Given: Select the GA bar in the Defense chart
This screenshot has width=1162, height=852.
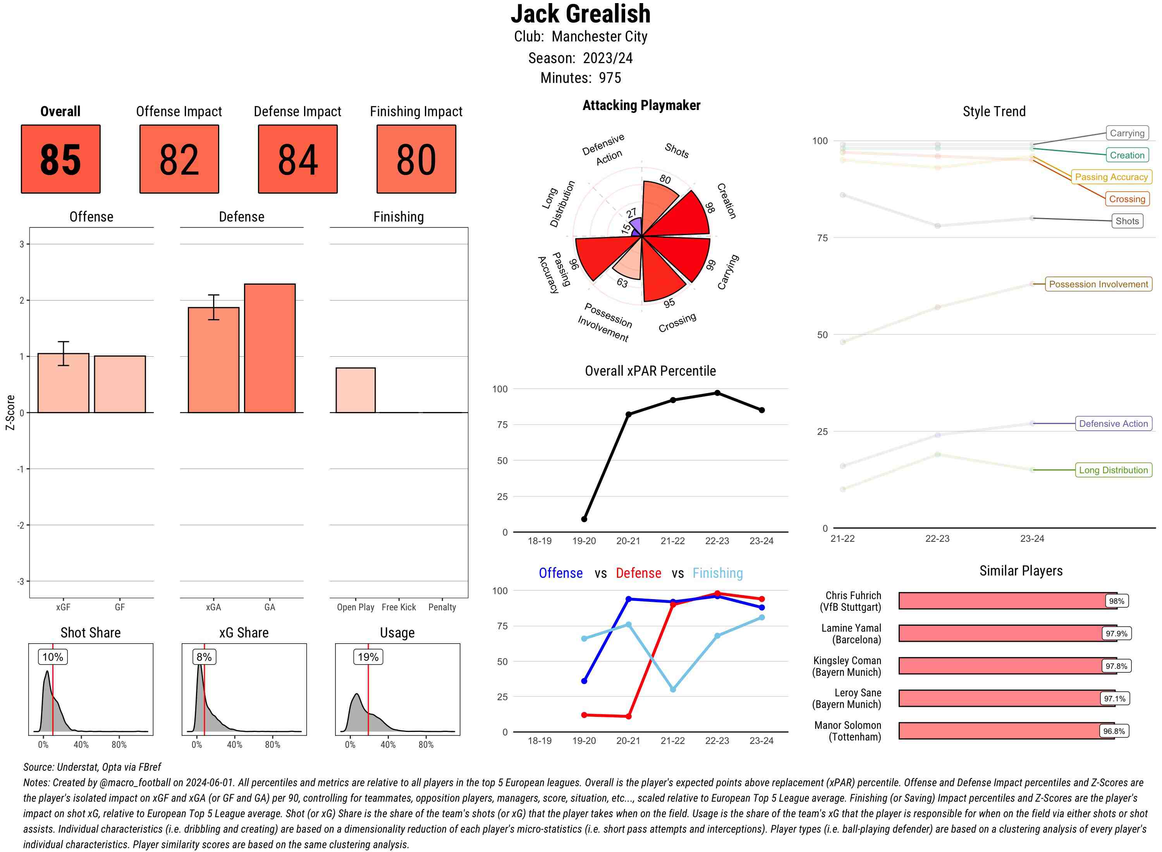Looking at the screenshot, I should point(270,348).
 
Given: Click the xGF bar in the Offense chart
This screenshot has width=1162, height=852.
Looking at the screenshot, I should point(64,383).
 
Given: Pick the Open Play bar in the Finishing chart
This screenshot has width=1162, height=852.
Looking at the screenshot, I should point(355,390).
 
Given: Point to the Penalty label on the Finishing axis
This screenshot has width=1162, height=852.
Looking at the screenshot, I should point(442,607).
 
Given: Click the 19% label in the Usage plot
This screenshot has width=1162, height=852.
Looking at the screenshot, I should point(368,657).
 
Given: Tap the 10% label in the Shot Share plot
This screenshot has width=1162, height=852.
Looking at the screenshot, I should point(53,657).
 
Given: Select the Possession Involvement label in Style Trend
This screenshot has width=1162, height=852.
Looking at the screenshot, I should point(1098,284).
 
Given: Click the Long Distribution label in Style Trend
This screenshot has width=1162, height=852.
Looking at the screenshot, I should point(1113,470).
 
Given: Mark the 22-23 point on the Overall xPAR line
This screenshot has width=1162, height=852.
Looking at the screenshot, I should point(717,393).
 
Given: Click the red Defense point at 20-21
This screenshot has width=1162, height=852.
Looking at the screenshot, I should point(628,716).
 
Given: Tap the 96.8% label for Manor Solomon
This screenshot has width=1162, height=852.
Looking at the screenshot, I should point(1114,731).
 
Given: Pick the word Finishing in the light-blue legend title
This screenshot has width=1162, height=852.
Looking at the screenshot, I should point(717,573).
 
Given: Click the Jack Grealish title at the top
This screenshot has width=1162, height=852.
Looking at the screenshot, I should point(581,14).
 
